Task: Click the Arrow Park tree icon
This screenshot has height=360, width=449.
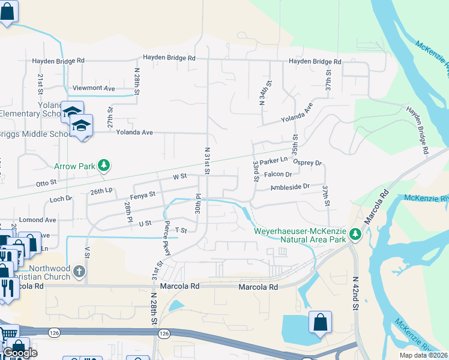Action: point(104,165)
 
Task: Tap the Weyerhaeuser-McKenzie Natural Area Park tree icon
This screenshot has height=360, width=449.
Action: point(355,233)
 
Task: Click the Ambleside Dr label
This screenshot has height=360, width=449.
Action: point(290,187)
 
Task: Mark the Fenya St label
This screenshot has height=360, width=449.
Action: point(143,194)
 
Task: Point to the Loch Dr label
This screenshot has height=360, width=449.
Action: point(61,198)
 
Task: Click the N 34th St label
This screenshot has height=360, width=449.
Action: point(262,93)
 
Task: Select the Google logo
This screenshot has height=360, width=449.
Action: point(20,353)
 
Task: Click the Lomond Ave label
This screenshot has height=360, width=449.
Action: point(33,220)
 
